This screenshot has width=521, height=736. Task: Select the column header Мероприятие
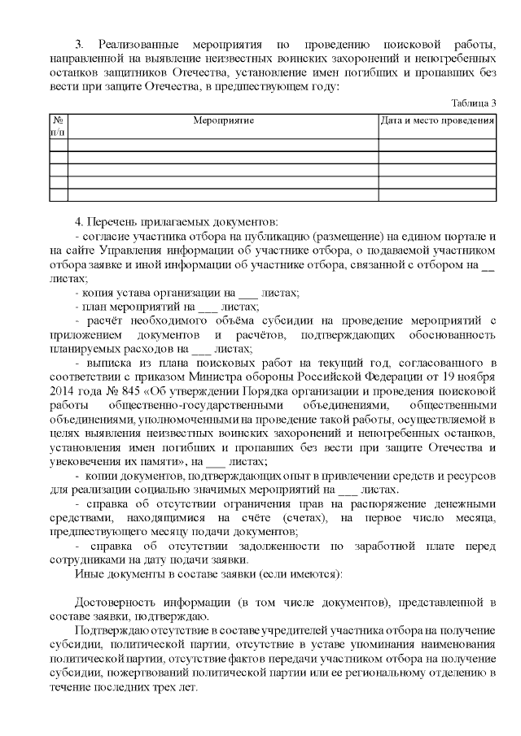click(223, 120)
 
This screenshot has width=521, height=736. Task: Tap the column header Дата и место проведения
click(437, 120)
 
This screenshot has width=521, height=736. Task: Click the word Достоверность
click(116, 602)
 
